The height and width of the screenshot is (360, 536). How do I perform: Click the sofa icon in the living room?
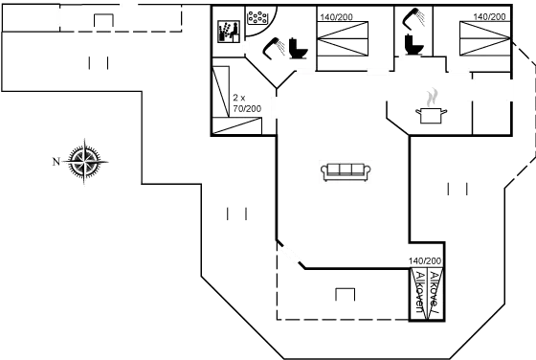pos(346,170)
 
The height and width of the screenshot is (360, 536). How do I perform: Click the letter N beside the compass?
pos(56,161)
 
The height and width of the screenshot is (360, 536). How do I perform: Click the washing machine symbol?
pos(226,29)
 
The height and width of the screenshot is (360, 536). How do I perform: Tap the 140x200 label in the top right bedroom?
pos(487,17)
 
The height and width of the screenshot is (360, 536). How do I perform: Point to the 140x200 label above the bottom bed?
pos(424,260)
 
